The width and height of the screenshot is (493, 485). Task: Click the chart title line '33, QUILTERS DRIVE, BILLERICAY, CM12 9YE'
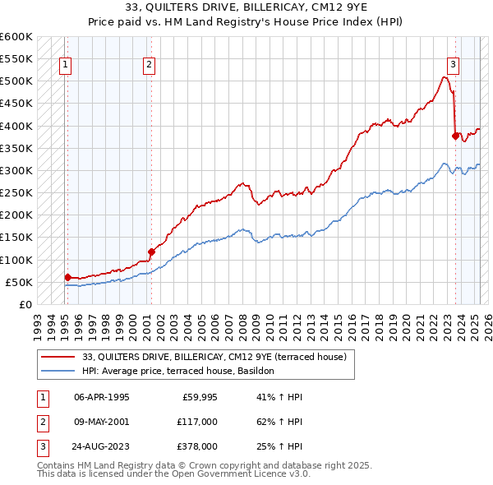click(246, 7)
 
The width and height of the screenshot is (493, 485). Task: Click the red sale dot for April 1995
click(67, 278)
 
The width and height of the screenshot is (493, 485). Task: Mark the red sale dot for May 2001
click(151, 252)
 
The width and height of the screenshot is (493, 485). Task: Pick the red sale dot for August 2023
click(455, 136)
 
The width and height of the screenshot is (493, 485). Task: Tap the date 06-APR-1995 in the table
click(101, 397)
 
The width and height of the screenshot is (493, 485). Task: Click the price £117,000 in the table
click(197, 422)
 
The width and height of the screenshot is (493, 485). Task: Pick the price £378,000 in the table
click(197, 446)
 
